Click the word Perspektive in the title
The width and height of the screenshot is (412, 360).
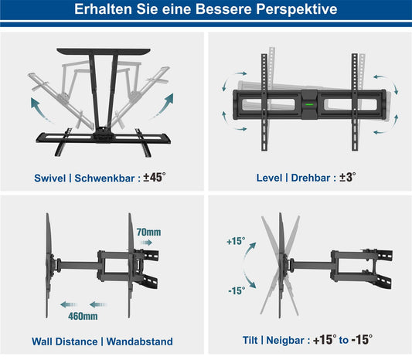297,9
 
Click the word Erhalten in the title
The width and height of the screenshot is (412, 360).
103,9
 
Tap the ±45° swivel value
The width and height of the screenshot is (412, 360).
155,178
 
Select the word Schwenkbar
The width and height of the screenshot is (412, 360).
104,178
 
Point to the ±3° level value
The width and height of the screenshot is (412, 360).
347,177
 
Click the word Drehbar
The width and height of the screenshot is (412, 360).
311,178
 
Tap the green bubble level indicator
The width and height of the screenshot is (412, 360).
309,105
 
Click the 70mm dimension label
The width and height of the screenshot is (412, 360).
148,232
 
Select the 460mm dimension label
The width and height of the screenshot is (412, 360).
83,316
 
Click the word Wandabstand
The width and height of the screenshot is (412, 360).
139,341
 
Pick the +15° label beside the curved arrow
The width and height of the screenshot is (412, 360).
236,241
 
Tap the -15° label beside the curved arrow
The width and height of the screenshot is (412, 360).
237,290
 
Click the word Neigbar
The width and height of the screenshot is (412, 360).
285,341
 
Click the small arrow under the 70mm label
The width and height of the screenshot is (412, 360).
146,243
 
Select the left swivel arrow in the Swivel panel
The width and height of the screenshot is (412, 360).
39,109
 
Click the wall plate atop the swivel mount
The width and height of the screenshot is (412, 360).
104,51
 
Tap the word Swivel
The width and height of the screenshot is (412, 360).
50,178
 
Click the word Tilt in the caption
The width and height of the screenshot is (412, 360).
250,341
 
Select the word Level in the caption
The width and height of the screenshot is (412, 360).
269,178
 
